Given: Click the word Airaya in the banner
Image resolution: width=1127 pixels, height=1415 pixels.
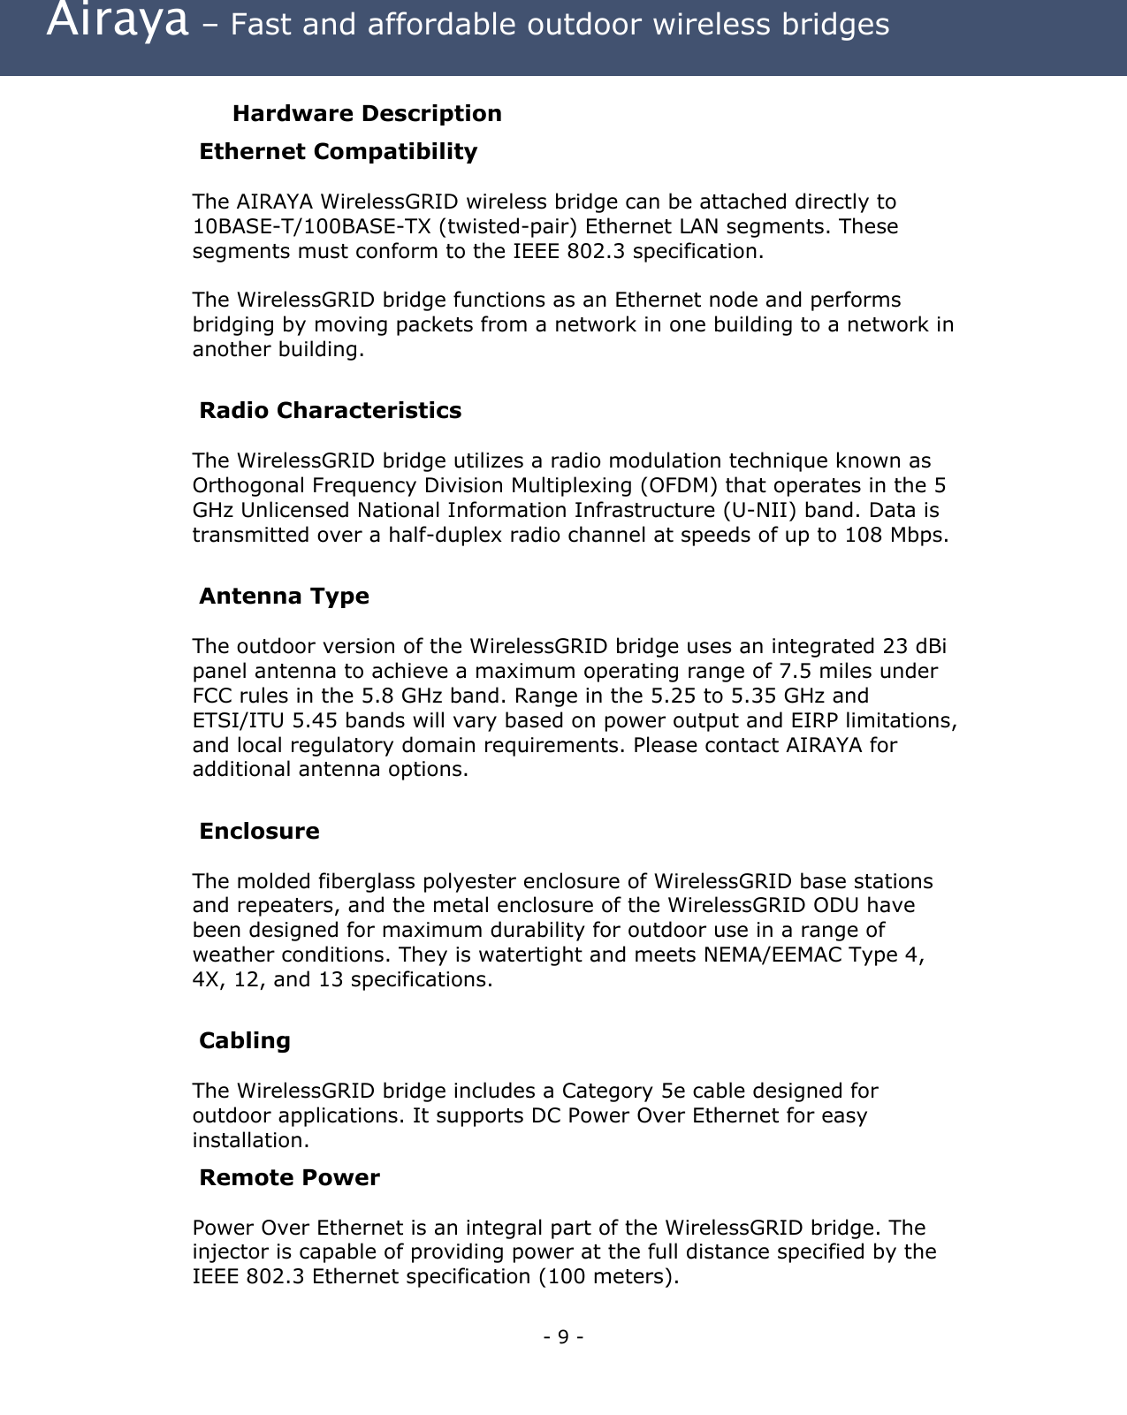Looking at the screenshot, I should [118, 22].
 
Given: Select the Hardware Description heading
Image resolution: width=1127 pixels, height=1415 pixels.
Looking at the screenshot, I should [367, 113].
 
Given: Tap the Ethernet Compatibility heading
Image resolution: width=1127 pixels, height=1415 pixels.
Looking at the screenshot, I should [338, 151].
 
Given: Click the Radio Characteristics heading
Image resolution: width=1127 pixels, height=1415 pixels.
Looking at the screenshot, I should [330, 410].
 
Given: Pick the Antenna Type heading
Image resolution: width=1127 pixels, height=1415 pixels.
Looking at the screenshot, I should [284, 596].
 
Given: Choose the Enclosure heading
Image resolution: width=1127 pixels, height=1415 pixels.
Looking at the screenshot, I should [259, 831].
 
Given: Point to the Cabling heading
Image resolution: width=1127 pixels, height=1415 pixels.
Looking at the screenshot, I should [245, 1040].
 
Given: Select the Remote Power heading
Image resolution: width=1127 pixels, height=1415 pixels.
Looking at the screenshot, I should [289, 1177].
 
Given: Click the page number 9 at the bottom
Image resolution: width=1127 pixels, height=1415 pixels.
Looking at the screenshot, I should [564, 1336].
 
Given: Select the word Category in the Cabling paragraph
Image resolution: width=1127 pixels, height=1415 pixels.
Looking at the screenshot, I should [608, 1091].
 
